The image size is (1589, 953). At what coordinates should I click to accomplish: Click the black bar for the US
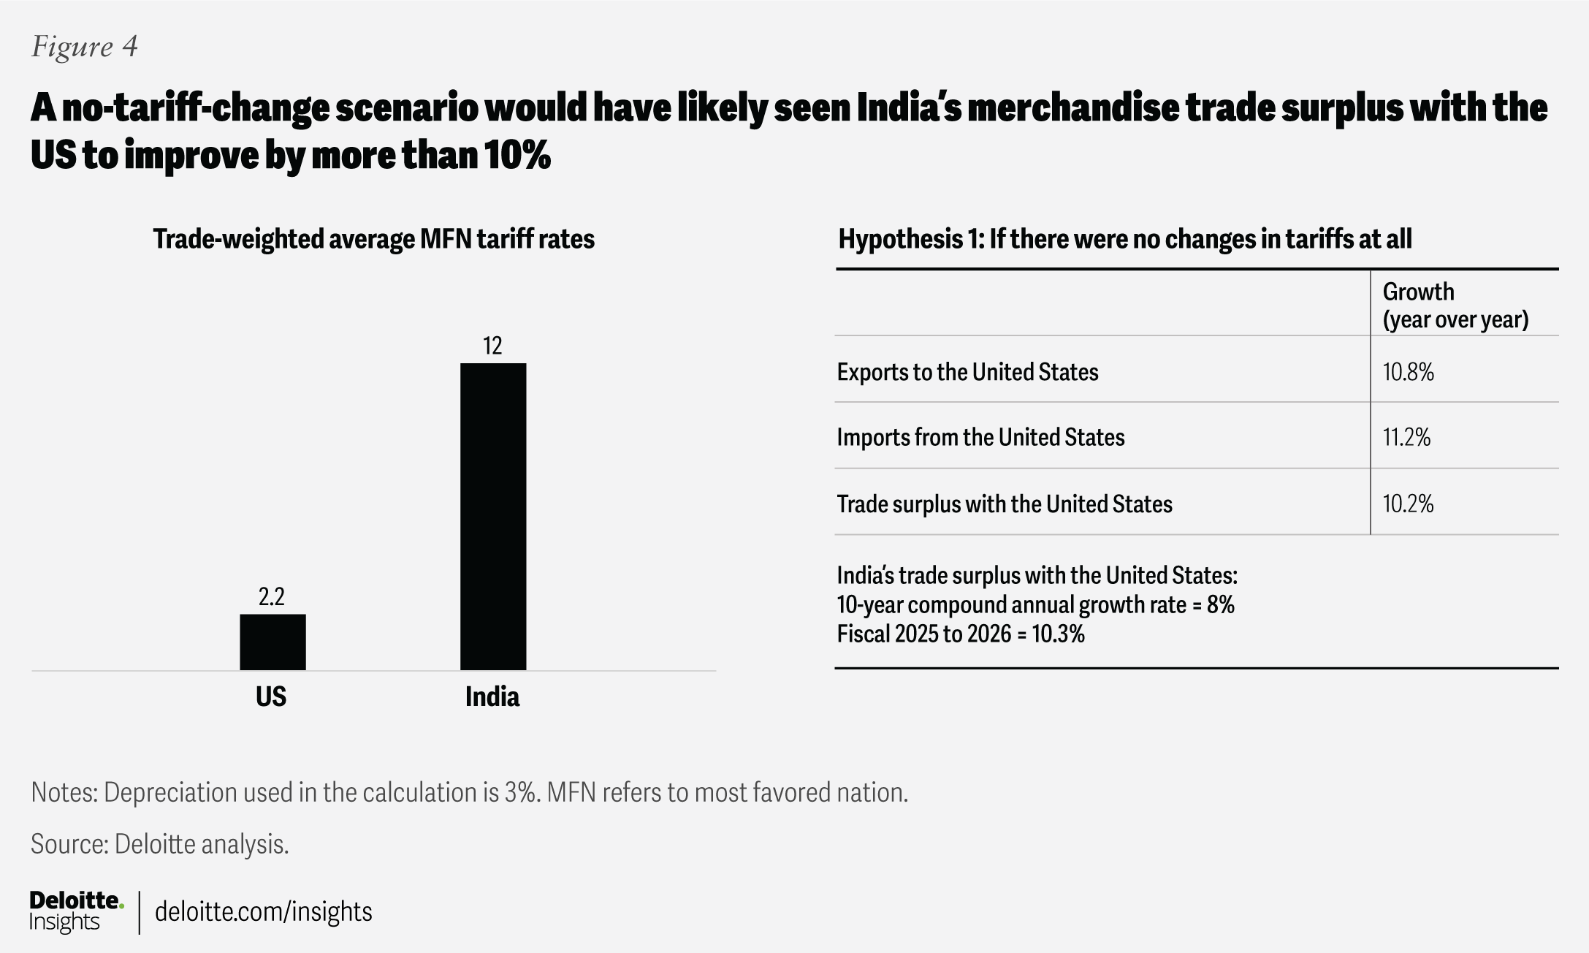(273, 642)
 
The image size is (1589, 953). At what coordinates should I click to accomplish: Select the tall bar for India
(493, 516)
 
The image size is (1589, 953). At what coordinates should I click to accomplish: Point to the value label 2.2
(271, 597)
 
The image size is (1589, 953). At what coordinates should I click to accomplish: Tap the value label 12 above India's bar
(492, 346)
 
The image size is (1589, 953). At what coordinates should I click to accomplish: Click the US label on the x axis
(271, 696)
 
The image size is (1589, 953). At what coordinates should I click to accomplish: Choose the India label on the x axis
(492, 696)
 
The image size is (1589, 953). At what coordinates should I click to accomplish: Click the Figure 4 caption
(85, 47)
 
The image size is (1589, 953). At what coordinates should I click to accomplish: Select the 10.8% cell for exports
(1408, 372)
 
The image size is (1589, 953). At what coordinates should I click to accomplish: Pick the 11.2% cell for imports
(1406, 437)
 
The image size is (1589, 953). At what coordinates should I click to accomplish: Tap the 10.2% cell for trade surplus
(1408, 504)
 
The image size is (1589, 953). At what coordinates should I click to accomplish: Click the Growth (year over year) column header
(1455, 305)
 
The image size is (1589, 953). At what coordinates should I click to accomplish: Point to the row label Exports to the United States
(967, 372)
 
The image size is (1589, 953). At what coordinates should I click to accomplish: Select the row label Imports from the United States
(980, 437)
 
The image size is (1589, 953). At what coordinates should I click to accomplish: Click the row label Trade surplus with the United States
(1005, 504)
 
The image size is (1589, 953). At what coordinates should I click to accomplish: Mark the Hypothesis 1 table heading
(1124, 239)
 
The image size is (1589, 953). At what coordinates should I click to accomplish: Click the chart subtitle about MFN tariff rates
(373, 239)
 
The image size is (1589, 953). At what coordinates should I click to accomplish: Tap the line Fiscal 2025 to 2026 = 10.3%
(961, 634)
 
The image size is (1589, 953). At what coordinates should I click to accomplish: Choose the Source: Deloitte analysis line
(160, 844)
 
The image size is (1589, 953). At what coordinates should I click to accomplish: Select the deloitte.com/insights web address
(264, 911)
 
